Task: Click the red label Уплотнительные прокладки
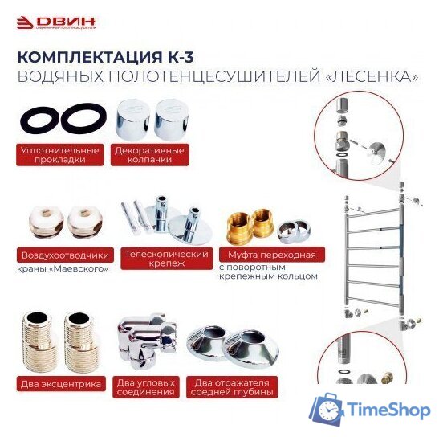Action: pos(61,154)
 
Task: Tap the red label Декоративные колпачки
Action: pos(148,154)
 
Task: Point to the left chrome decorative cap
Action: pos(133,118)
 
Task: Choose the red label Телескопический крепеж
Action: pos(161,258)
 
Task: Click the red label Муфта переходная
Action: pos(267,255)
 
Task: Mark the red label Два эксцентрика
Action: pos(61,384)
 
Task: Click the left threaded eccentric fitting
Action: pos(40,342)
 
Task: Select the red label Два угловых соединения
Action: pos(145,387)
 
